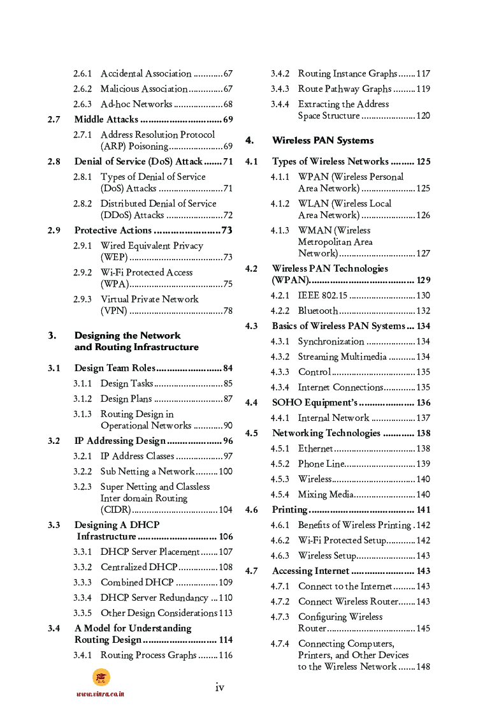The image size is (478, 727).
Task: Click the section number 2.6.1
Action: coord(82,74)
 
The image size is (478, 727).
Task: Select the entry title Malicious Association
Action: coord(144,89)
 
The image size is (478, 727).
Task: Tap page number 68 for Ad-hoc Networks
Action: coord(228,105)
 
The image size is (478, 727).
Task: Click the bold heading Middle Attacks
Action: coord(106,120)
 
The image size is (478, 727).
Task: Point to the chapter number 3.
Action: coord(52,335)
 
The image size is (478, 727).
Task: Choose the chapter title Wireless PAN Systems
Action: coord(322,140)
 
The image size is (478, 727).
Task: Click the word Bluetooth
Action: coord(318,311)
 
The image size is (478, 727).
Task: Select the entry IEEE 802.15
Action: coord(322,296)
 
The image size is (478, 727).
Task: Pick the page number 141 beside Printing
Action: coord(423,510)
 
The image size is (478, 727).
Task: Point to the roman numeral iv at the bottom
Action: coord(219,687)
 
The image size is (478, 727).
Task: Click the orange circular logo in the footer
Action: coord(101,677)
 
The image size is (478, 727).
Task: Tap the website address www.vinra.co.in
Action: coord(100,694)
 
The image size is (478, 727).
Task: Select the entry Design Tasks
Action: coord(127,384)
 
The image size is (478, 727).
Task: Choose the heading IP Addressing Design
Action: coord(120,441)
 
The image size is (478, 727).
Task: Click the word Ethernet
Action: coord(315,449)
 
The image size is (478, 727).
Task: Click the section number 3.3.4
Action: coord(82,598)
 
